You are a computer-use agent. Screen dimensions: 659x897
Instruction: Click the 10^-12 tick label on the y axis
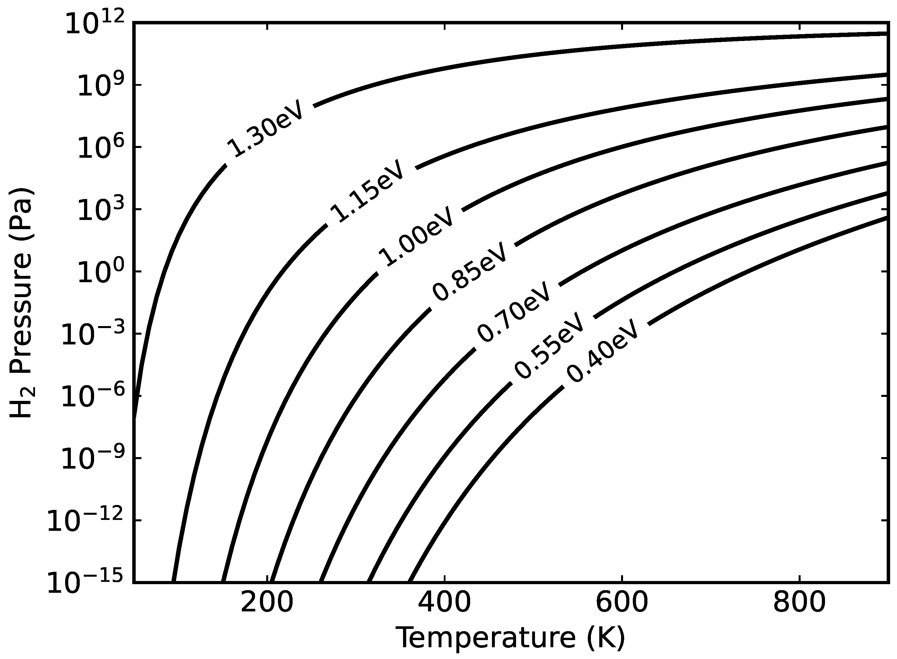(x=85, y=521)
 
